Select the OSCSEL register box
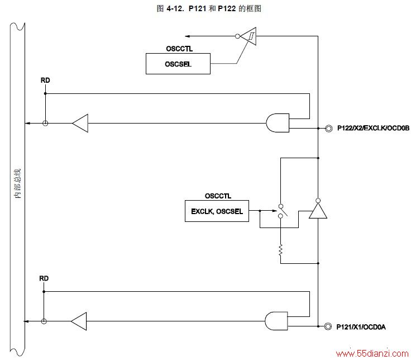coord(178,64)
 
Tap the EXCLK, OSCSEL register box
coord(217,211)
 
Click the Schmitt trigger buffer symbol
coord(248,36)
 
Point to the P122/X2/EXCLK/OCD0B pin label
coord(373,128)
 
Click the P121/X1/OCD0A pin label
coord(361,327)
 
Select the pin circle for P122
coord(328,129)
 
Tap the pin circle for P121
coord(328,326)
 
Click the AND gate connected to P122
coord(278,123)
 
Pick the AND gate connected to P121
coord(276,321)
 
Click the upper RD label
coord(45,80)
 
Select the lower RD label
coord(44,278)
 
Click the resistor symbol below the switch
coord(280,250)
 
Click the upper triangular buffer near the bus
coord(80,123)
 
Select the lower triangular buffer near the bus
coord(79,321)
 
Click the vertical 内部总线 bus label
coord(17,183)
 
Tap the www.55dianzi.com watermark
coord(372,354)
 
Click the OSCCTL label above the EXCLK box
coord(218,196)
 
